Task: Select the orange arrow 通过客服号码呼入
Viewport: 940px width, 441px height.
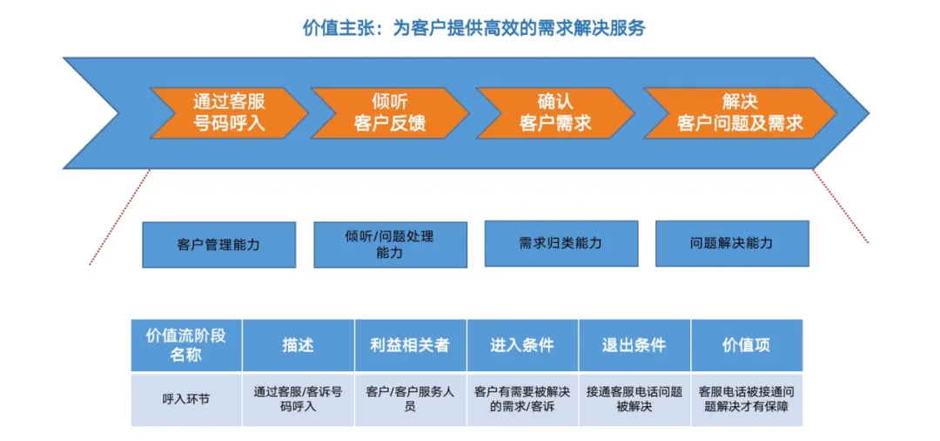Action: click(228, 113)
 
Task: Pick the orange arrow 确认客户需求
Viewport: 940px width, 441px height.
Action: click(555, 113)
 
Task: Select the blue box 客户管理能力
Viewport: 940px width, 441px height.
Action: click(218, 245)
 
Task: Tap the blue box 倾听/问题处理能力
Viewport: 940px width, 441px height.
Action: click(390, 245)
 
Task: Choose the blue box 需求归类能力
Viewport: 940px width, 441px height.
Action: click(561, 243)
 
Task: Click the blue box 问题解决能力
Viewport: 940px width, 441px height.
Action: click(731, 243)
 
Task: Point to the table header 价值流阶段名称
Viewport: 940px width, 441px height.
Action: click(186, 345)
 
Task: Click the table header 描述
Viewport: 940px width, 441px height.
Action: click(298, 345)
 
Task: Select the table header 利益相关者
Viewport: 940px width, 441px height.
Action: click(410, 345)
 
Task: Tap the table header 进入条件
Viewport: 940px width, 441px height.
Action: click(522, 345)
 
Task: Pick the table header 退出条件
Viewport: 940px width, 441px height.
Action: click(634, 345)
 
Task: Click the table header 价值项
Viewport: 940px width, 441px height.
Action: click(746, 345)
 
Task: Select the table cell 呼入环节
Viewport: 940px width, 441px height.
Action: click(186, 399)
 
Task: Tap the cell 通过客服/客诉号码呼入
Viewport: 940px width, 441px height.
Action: click(298, 399)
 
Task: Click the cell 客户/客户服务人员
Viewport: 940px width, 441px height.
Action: click(410, 399)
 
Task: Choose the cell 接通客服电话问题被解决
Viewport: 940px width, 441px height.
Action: click(634, 399)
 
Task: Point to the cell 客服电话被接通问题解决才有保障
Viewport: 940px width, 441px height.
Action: click(746, 399)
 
